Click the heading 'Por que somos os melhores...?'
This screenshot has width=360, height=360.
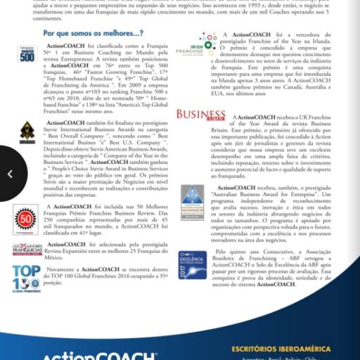pyautogui.click(x=94, y=32)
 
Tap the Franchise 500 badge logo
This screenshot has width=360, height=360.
pyautogui.click(x=27, y=53)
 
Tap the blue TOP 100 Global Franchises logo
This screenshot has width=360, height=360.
pyautogui.click(x=26, y=277)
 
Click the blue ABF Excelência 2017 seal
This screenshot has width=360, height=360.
pyautogui.click(x=192, y=264)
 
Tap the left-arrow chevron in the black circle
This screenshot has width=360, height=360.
pyautogui.click(x=10, y=173)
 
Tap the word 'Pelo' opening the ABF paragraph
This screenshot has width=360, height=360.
pyautogui.click(x=224, y=250)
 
